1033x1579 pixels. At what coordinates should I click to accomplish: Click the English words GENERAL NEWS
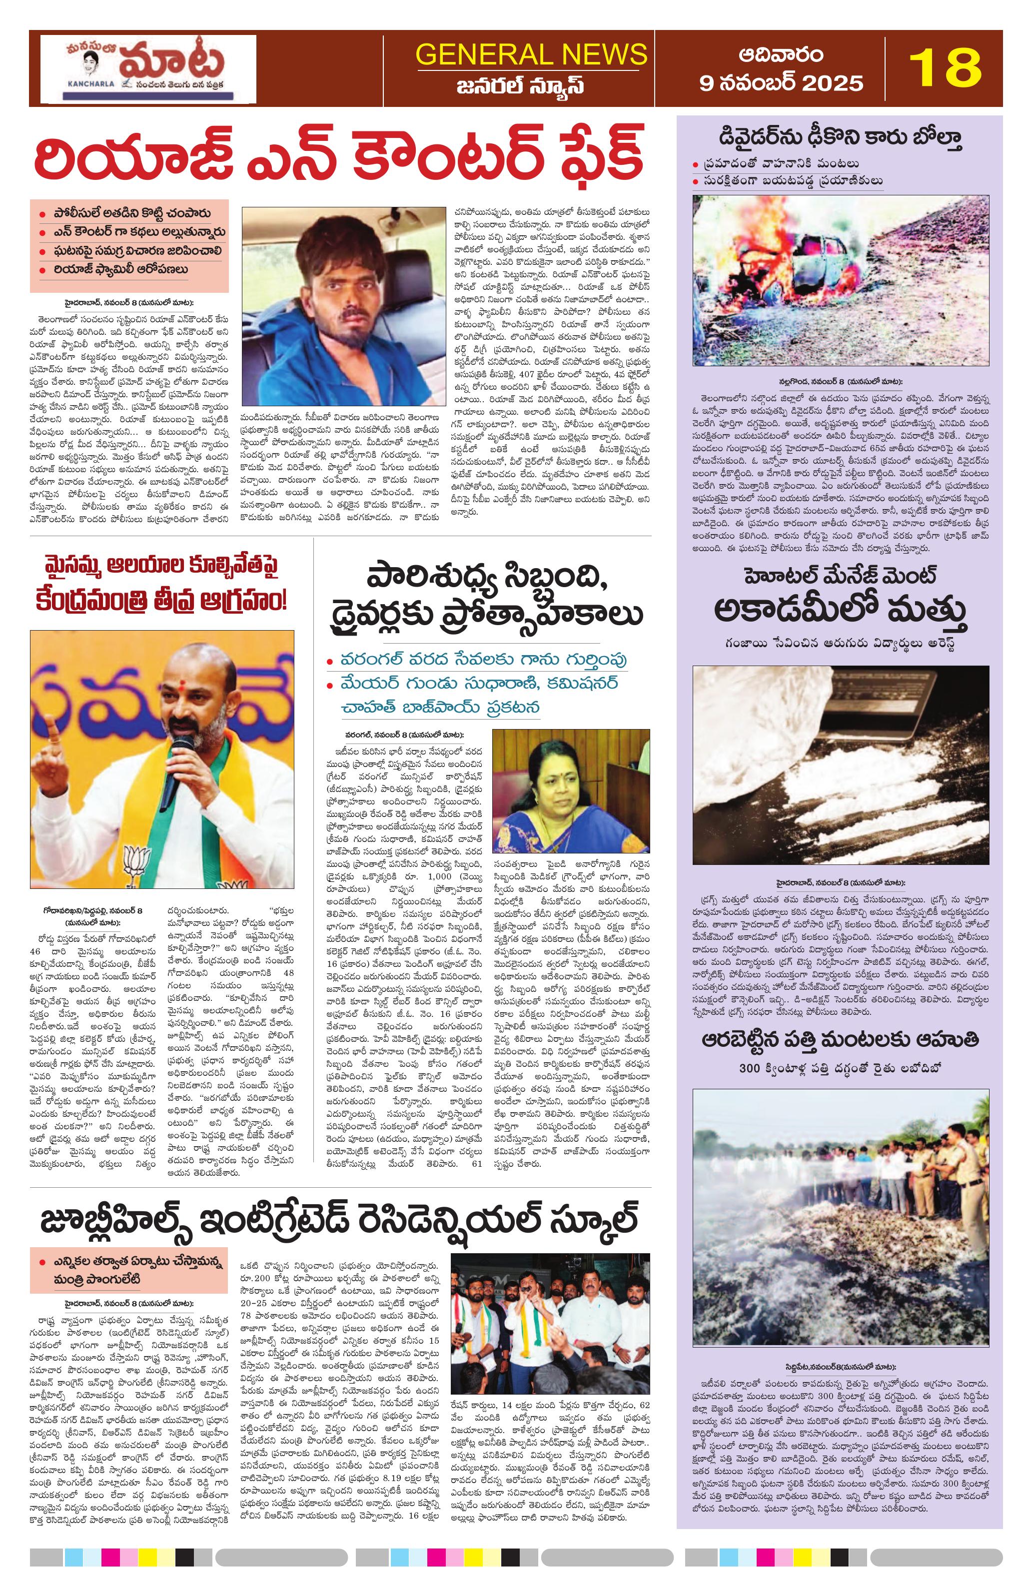click(x=531, y=54)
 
